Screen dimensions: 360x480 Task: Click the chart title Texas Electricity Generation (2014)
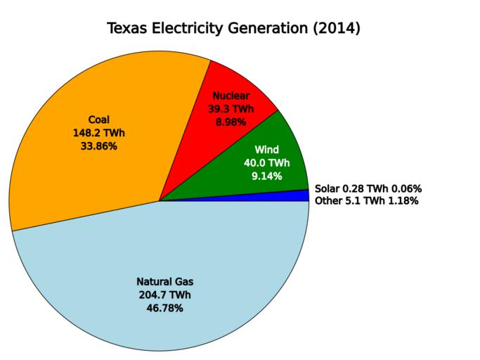(233, 29)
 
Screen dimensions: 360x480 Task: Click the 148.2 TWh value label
(94, 133)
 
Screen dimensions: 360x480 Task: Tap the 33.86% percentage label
(94, 146)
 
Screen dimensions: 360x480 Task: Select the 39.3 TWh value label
(231, 108)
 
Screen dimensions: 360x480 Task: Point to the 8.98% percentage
(231, 122)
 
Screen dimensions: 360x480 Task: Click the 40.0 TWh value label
(267, 162)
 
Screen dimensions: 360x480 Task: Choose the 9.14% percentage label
(267, 176)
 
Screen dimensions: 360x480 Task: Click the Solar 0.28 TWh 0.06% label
(368, 188)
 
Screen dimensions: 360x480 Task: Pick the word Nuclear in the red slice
(231, 95)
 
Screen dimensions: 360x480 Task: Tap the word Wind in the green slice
(267, 149)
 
